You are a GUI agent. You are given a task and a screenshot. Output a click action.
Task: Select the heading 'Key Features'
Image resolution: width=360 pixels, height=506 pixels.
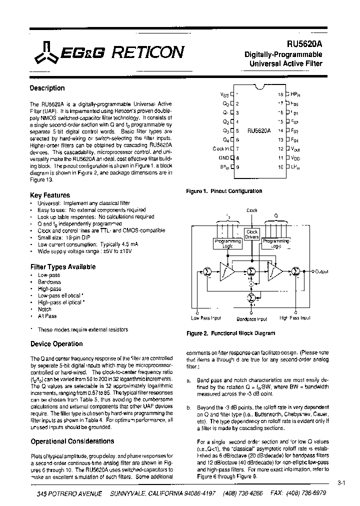coord(50,195)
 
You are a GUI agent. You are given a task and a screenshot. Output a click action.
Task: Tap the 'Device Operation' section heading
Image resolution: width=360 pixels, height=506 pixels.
coord(56,344)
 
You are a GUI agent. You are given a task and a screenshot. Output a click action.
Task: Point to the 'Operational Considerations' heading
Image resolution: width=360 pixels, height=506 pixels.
coord(72,441)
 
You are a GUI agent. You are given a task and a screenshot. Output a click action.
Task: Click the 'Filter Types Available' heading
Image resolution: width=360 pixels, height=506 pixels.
coord(63,267)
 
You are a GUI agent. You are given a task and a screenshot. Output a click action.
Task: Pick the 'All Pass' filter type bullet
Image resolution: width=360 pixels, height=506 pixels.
coord(47,316)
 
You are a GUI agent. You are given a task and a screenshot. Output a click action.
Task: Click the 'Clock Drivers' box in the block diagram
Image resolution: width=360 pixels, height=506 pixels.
coord(252,234)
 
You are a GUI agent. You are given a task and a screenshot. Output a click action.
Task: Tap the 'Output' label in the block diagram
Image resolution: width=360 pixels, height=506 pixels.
coord(320,271)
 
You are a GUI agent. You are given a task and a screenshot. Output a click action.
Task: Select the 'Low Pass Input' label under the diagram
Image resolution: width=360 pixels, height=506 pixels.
coord(206,318)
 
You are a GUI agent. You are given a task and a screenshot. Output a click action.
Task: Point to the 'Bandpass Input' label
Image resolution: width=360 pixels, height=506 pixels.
coord(251,318)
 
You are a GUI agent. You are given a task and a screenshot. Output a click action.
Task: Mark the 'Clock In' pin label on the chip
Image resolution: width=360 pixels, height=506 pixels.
coord(220,148)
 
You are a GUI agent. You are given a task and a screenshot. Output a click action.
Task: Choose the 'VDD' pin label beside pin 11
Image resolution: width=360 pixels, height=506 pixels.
coord(295,157)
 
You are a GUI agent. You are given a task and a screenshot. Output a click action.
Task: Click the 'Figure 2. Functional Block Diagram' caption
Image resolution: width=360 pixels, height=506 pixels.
coord(230,333)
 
